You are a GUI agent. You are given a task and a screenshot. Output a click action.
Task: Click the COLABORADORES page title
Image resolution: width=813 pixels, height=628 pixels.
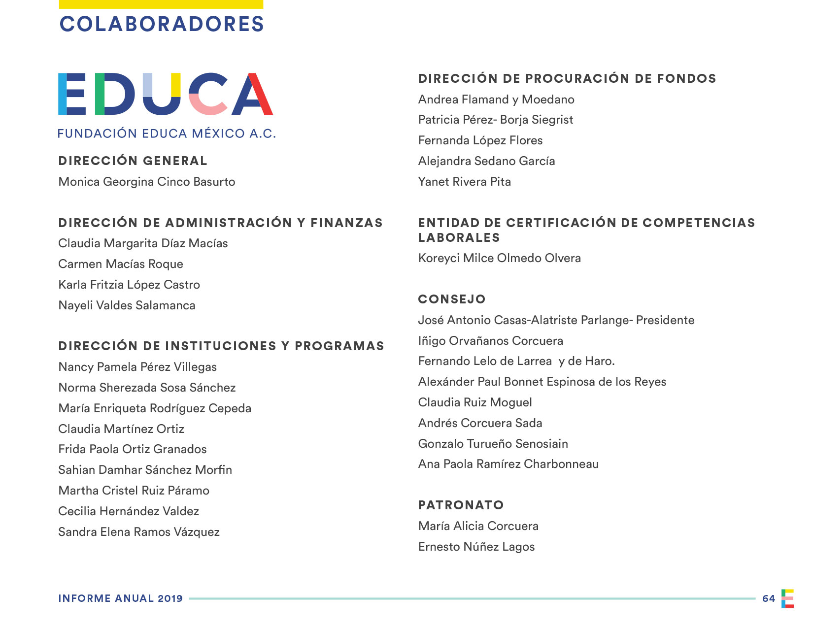[x=162, y=24]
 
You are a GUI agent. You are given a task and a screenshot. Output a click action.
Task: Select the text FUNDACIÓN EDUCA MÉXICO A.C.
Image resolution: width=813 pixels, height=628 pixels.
[x=167, y=133]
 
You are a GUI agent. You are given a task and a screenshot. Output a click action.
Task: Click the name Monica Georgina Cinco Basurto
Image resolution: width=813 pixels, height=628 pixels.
[x=147, y=182]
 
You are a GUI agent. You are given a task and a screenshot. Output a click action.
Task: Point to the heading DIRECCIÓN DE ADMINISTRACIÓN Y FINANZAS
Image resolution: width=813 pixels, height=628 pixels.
[x=220, y=223]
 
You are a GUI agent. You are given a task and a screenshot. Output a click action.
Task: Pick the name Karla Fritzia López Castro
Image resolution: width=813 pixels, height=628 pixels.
[x=129, y=285]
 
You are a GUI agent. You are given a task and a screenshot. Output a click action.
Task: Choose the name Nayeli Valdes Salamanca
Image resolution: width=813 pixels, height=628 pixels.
[x=127, y=305]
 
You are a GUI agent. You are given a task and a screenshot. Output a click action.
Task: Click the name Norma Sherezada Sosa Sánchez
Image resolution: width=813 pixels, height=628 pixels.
[x=147, y=388]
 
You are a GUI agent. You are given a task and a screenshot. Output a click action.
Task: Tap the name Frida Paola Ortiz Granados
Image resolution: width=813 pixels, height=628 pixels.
[x=132, y=449]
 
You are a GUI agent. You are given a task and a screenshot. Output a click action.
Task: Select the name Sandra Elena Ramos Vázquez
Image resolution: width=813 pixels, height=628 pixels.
[x=139, y=532]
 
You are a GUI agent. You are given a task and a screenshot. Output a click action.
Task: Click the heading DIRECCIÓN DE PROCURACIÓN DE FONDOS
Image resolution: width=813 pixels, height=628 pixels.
[x=567, y=79]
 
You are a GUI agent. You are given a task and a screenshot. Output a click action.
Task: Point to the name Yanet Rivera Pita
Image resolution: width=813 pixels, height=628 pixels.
[x=464, y=182]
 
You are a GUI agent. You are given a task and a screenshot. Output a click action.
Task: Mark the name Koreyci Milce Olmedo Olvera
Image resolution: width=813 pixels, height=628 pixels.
[x=499, y=258]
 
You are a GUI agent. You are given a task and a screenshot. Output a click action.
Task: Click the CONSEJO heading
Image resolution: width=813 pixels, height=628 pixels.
[x=452, y=299]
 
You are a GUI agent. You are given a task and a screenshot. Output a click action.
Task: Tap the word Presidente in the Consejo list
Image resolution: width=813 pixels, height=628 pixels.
[x=665, y=320]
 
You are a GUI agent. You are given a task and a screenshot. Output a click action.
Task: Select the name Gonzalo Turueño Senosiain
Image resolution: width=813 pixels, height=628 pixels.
[x=493, y=444]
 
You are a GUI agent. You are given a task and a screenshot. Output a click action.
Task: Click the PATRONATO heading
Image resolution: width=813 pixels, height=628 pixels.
[x=461, y=505]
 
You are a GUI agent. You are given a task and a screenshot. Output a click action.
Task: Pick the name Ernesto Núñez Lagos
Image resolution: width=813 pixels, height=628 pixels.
[x=476, y=547]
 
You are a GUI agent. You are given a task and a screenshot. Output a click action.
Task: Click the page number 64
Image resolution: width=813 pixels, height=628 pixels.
[x=768, y=598]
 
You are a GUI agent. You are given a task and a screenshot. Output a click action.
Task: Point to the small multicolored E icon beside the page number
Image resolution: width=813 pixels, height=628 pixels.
[x=787, y=598]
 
